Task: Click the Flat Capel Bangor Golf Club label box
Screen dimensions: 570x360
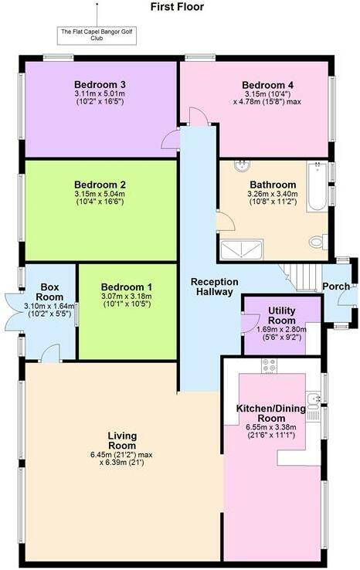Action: point(97,35)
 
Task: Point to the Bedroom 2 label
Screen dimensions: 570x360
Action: point(100,185)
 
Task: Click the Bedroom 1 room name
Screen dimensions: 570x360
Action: point(127,287)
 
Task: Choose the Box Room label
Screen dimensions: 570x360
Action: point(50,291)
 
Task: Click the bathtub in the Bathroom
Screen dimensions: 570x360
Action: point(318,187)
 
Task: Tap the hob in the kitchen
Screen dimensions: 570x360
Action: point(270,365)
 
